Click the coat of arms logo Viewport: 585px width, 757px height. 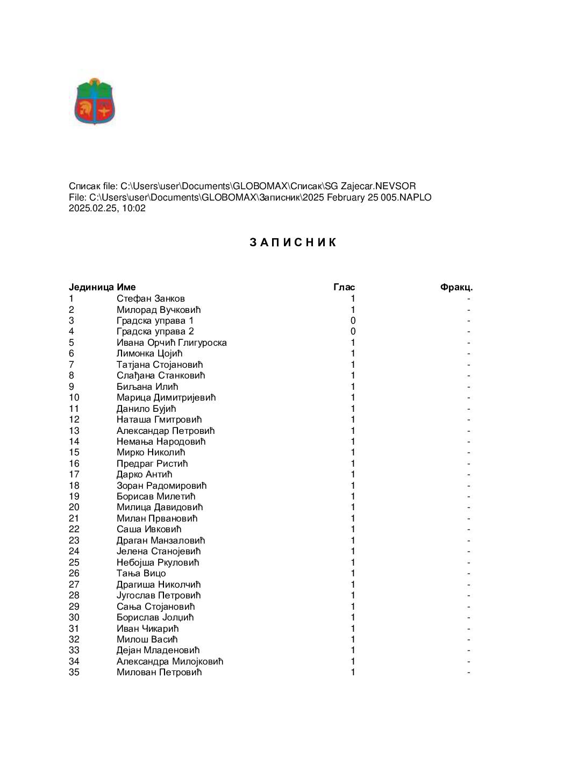(95, 102)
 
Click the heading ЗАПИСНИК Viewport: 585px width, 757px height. (293, 242)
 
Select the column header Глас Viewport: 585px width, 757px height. (344, 287)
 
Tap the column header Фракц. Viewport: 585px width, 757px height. (456, 287)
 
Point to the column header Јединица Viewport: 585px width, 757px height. (91, 287)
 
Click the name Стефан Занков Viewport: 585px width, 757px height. (151, 298)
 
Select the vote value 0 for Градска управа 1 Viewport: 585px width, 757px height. (353, 320)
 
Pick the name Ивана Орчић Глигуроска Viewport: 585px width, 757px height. (172, 342)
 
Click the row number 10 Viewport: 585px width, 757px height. (74, 397)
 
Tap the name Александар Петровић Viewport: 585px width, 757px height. (166, 431)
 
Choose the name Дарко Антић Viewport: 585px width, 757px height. (144, 474)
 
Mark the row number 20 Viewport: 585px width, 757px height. (74, 507)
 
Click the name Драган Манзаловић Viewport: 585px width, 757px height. (161, 540)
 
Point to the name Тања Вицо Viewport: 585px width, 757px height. (141, 573)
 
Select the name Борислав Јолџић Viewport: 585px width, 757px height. (155, 617)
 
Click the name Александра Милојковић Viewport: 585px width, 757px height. (170, 661)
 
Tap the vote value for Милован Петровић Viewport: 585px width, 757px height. (353, 672)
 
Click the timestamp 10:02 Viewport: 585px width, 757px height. (134, 208)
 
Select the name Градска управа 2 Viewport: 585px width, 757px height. (155, 331)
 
